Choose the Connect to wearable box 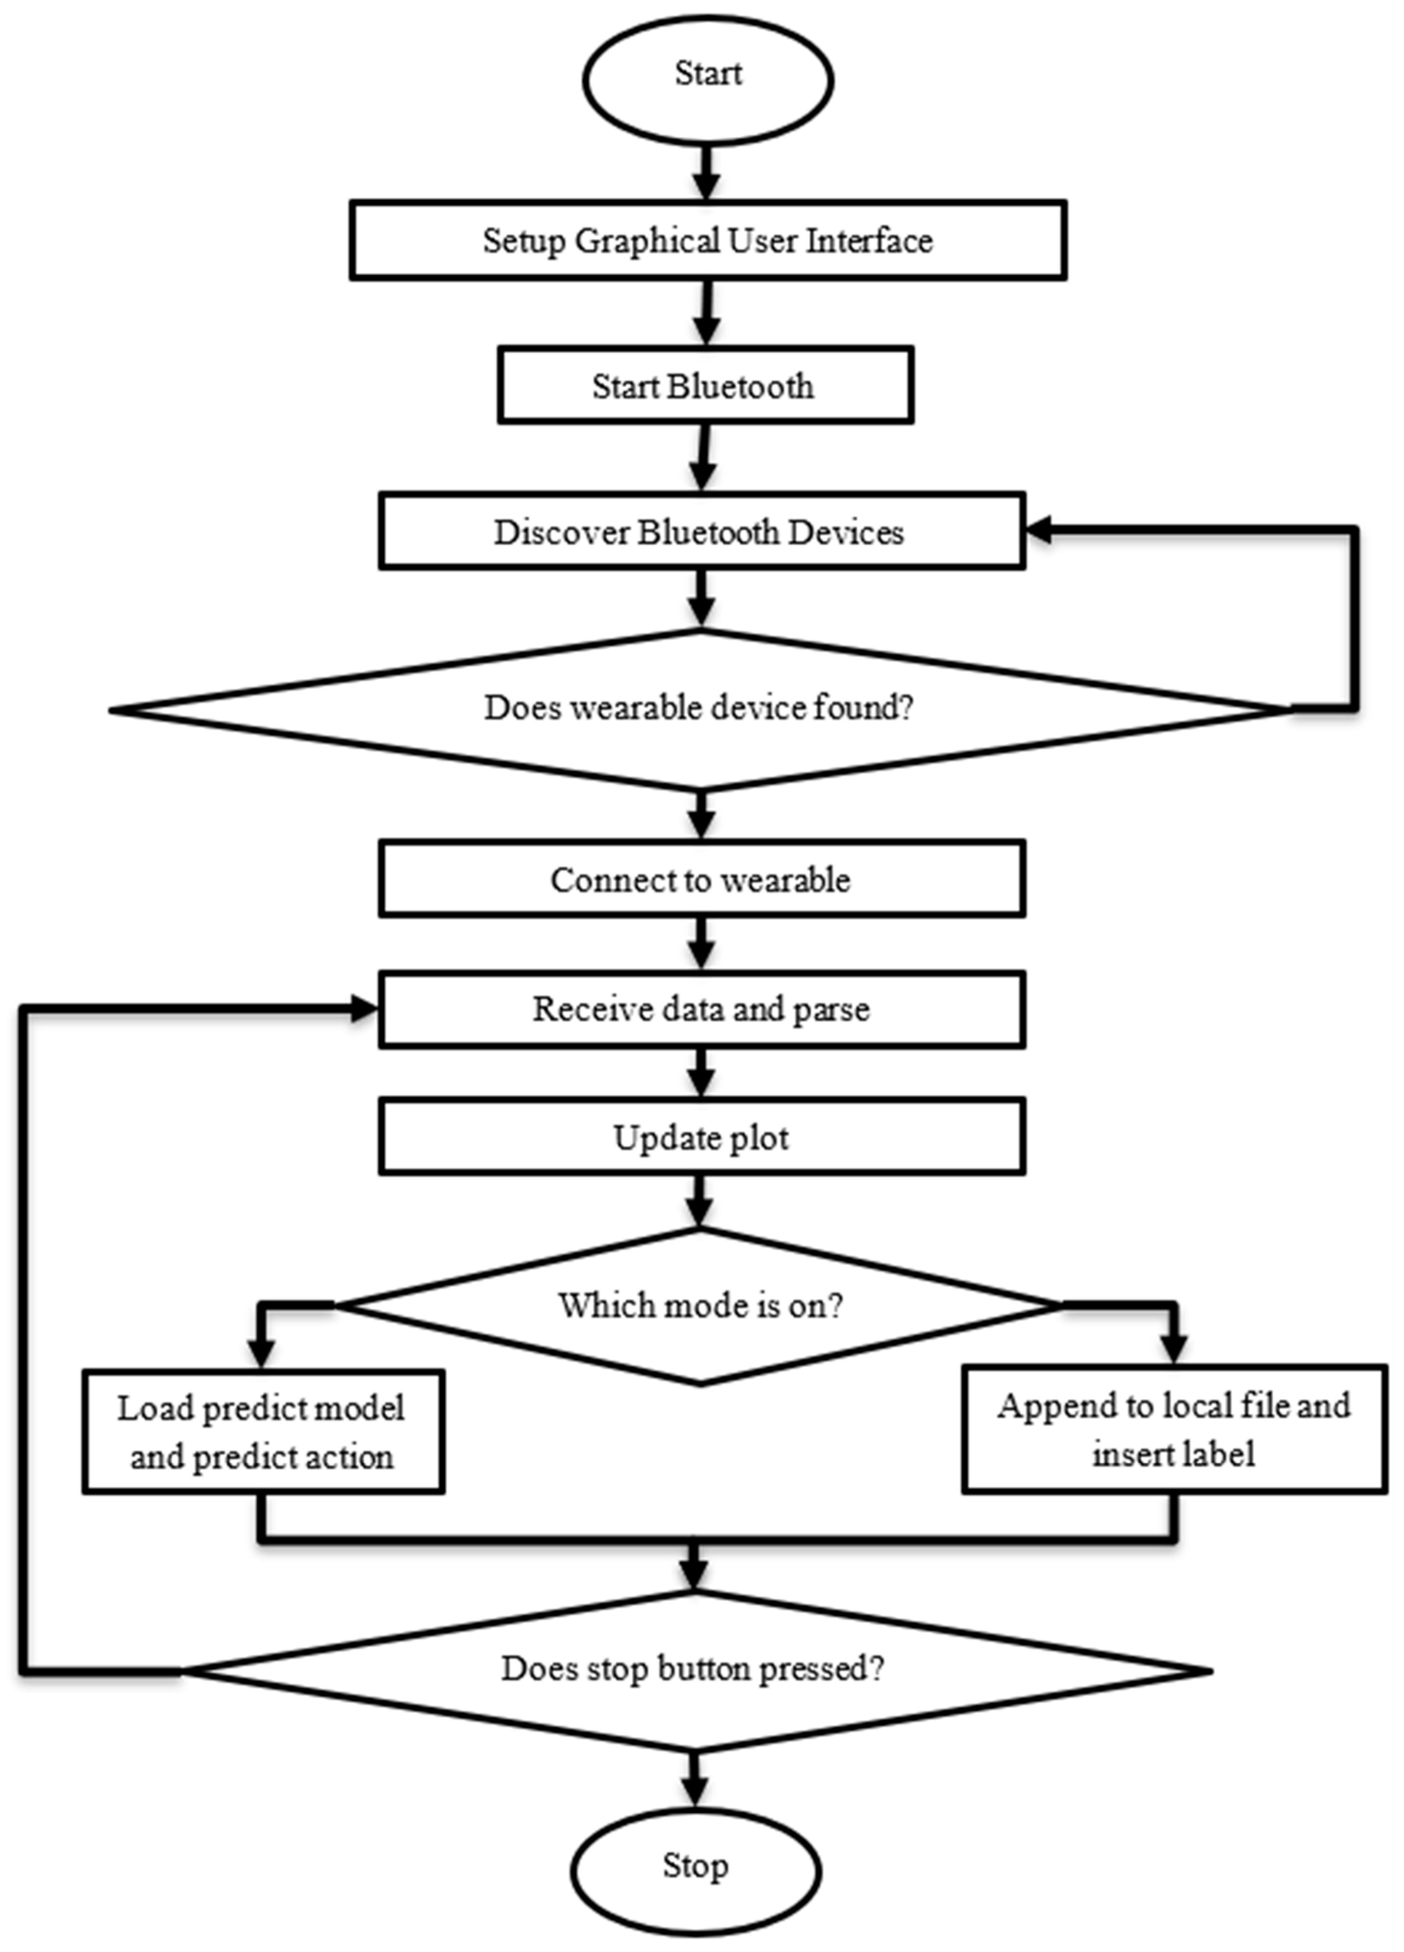tap(701, 880)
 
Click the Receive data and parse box tap(701, 1009)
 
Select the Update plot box tap(701, 1138)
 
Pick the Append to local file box tap(1174, 1430)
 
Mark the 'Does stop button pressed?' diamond tap(694, 1670)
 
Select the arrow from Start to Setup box tap(706, 172)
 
